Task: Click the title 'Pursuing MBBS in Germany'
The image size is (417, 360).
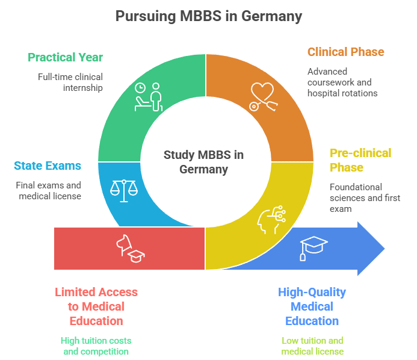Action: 208,16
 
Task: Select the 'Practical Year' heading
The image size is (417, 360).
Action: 66,57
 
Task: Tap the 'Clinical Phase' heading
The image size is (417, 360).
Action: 345,52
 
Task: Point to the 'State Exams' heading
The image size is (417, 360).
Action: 48,166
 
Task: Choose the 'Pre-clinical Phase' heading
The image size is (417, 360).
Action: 360,160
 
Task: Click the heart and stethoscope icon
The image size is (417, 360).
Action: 263,96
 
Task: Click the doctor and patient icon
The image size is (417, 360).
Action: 149,96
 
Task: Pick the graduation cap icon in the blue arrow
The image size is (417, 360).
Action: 314,247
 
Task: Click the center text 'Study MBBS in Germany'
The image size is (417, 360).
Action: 204,162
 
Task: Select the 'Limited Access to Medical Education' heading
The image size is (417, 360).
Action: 96,306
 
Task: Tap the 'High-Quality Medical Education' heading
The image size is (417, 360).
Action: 312,306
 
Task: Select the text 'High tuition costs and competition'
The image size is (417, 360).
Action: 96,346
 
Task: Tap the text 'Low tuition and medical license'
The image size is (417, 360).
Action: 312,346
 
